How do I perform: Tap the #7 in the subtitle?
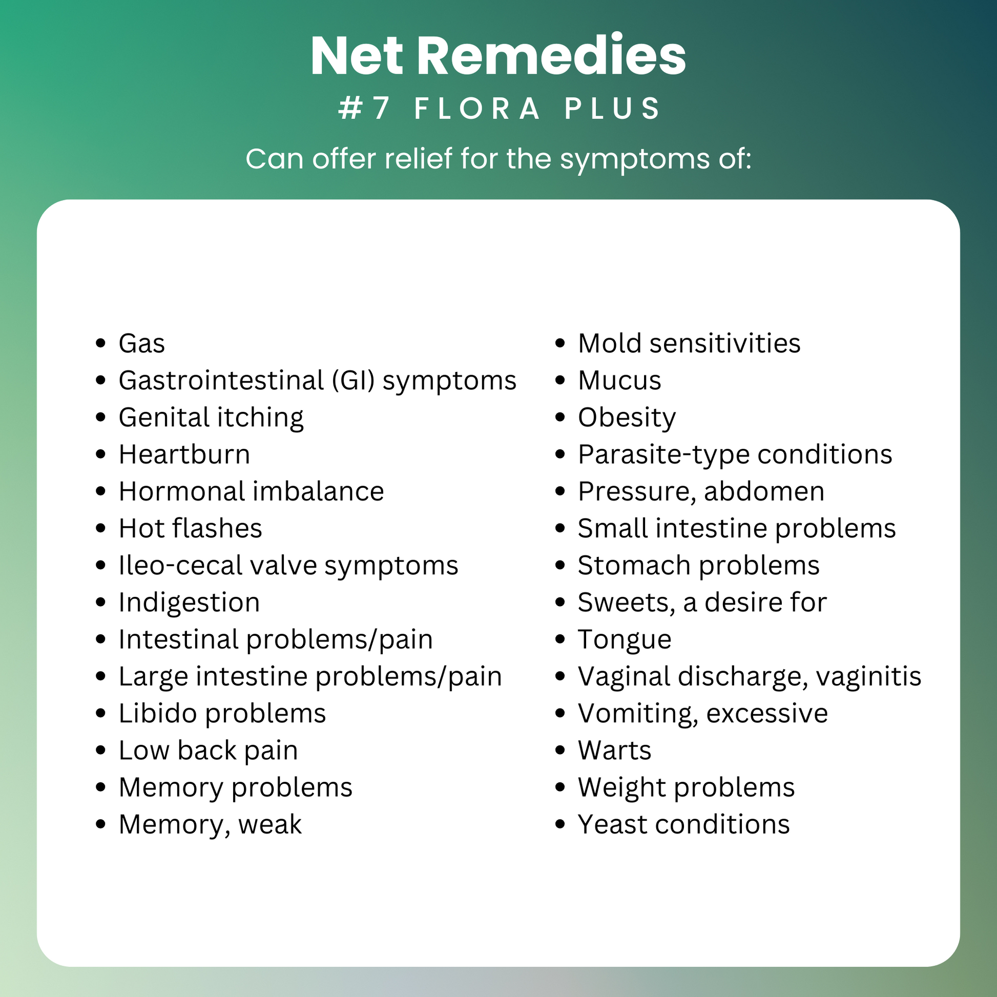pos(364,109)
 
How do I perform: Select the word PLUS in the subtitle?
pos(613,109)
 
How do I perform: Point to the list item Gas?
pos(141,344)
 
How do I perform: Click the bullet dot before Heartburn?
pos(100,454)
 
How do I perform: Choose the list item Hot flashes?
pos(191,528)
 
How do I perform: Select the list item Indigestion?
pos(189,603)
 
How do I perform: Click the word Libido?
pos(158,714)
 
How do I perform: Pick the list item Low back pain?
pos(208,751)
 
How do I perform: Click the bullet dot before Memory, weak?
pos(100,825)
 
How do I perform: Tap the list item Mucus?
pos(619,381)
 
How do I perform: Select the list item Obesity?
pos(627,418)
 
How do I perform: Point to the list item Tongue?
pos(625,640)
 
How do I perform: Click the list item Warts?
pos(615,751)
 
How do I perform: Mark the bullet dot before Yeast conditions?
pos(560,825)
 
